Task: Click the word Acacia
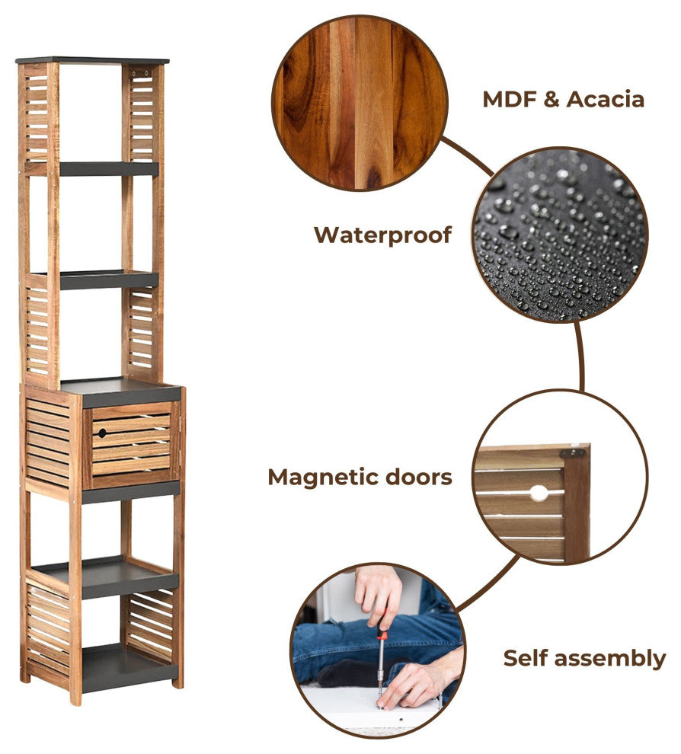point(605,100)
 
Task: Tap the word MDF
point(510,100)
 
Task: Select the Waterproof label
point(383,235)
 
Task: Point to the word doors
point(419,477)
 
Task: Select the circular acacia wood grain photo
point(360,103)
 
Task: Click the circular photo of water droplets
point(561,235)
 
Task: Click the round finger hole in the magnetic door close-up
point(539,494)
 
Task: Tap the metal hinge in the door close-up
point(572,453)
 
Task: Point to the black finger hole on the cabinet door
point(102,433)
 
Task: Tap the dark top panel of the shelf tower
point(92,61)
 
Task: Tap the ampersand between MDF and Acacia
point(552,100)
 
